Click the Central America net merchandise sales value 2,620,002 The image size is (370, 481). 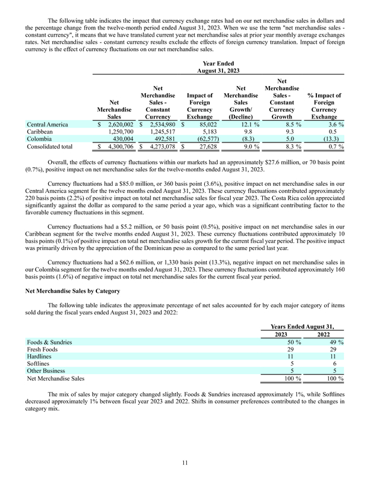pos(117,124)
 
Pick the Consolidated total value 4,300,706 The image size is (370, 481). pos(117,146)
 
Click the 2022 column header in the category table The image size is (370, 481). pos(324,334)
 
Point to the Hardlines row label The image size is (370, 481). pos(40,357)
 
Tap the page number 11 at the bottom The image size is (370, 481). pos(185,462)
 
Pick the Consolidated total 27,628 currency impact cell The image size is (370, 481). pos(198,146)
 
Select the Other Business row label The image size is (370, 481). pos(48,371)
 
